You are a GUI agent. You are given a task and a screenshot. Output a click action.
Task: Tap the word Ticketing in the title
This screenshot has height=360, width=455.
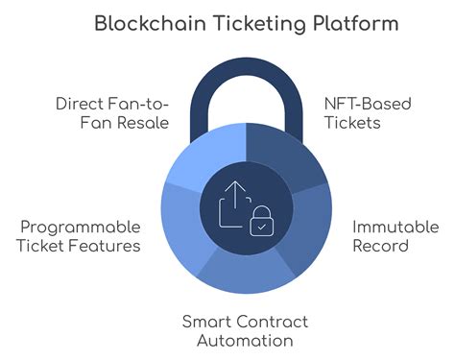pyautogui.click(x=246, y=24)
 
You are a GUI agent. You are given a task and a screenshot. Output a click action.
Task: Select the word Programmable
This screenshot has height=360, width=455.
pyautogui.click(x=81, y=227)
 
